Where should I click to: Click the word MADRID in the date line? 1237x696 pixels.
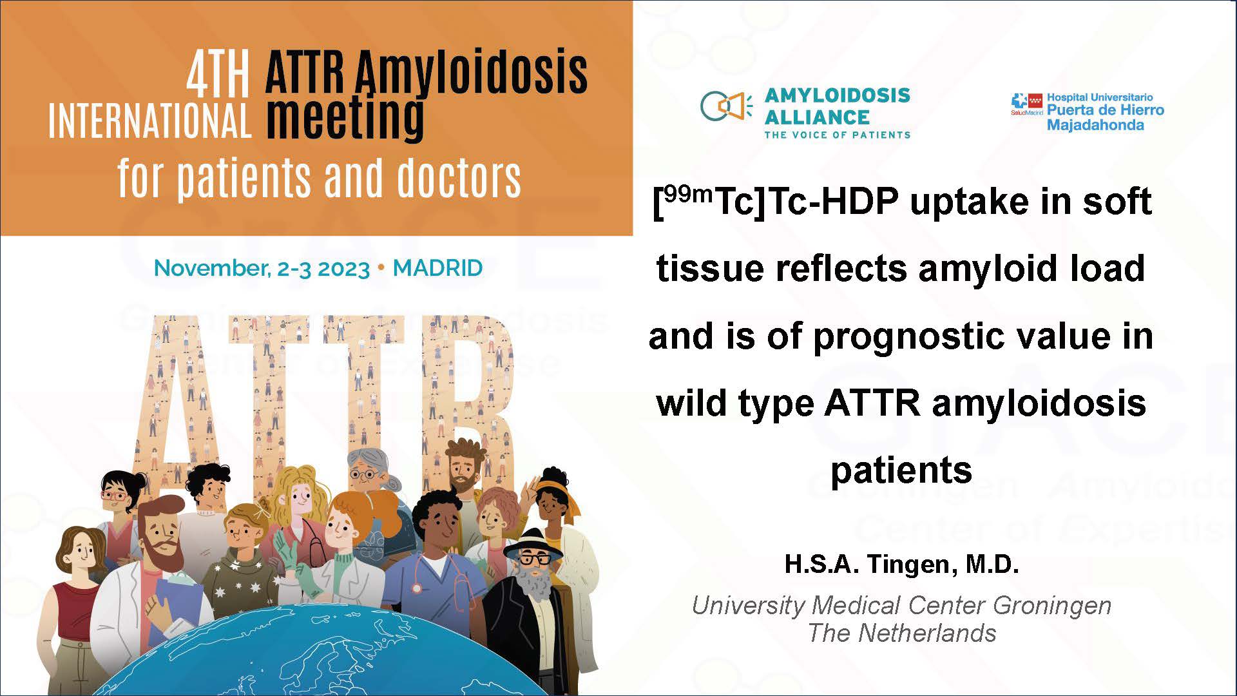pyautogui.click(x=437, y=268)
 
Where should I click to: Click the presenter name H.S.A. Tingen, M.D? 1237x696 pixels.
pyautogui.click(x=901, y=564)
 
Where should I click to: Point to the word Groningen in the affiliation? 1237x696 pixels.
pyautogui.click(x=1052, y=605)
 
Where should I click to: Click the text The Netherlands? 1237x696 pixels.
pyautogui.click(x=901, y=633)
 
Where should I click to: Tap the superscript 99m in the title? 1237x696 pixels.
pyautogui.click(x=688, y=193)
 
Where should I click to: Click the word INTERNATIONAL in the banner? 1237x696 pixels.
pyautogui.click(x=149, y=121)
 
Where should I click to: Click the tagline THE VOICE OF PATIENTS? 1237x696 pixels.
pyautogui.click(x=837, y=135)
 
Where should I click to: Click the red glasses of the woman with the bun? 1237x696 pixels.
pyautogui.click(x=115, y=496)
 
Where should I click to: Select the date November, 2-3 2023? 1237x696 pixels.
pyautogui.click(x=262, y=268)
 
